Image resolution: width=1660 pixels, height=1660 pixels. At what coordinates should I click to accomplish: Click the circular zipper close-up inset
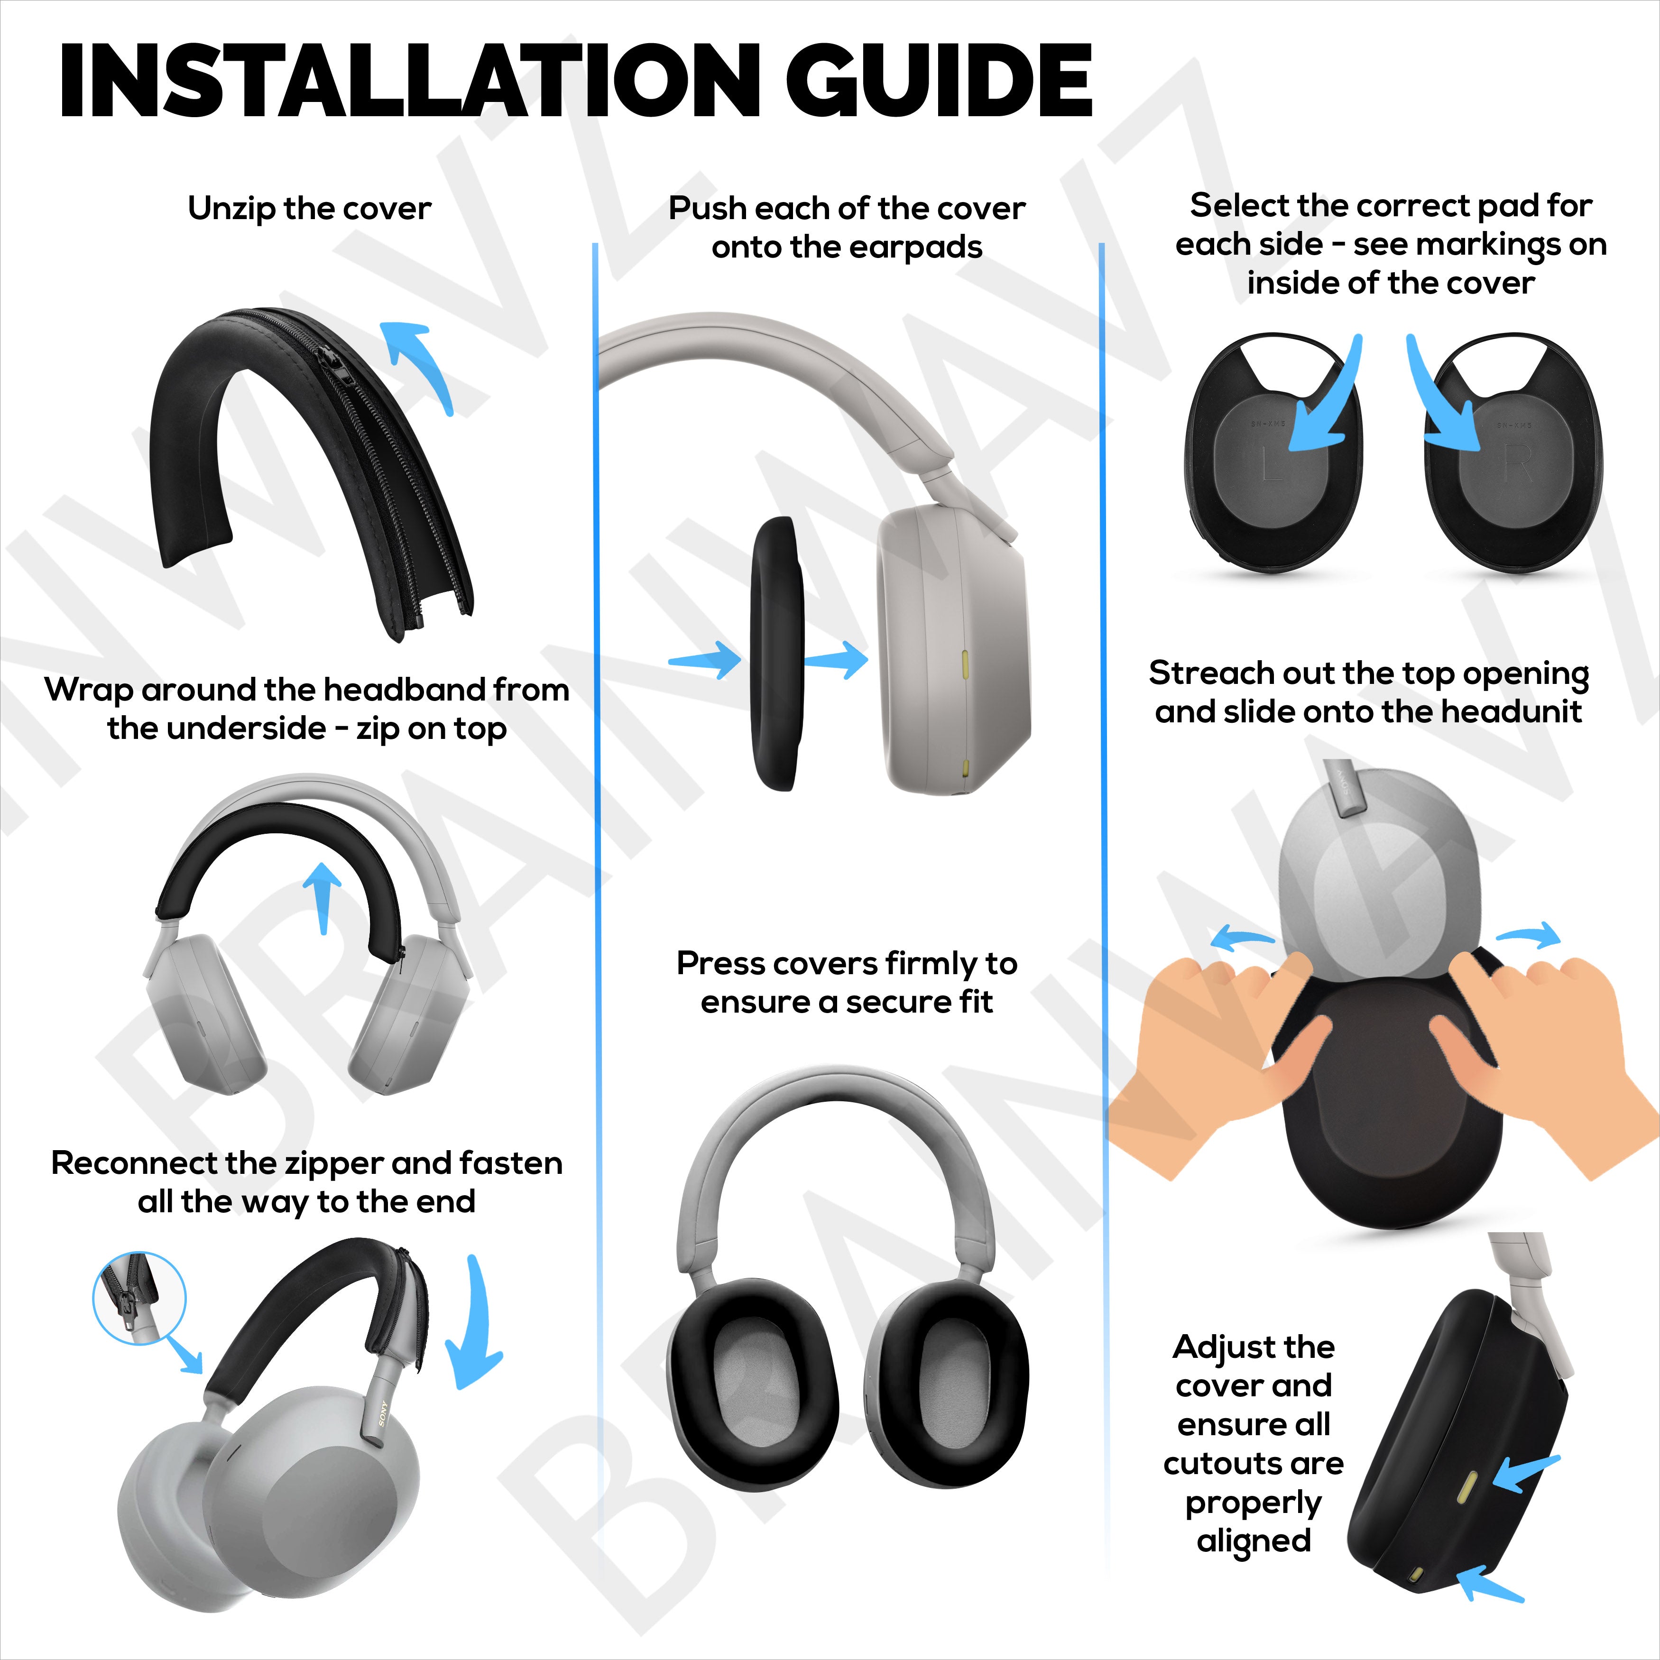click(x=139, y=1298)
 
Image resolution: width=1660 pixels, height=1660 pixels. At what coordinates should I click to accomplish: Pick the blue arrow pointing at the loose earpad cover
click(x=705, y=660)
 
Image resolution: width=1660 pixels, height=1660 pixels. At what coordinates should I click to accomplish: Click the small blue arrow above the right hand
click(x=1528, y=935)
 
